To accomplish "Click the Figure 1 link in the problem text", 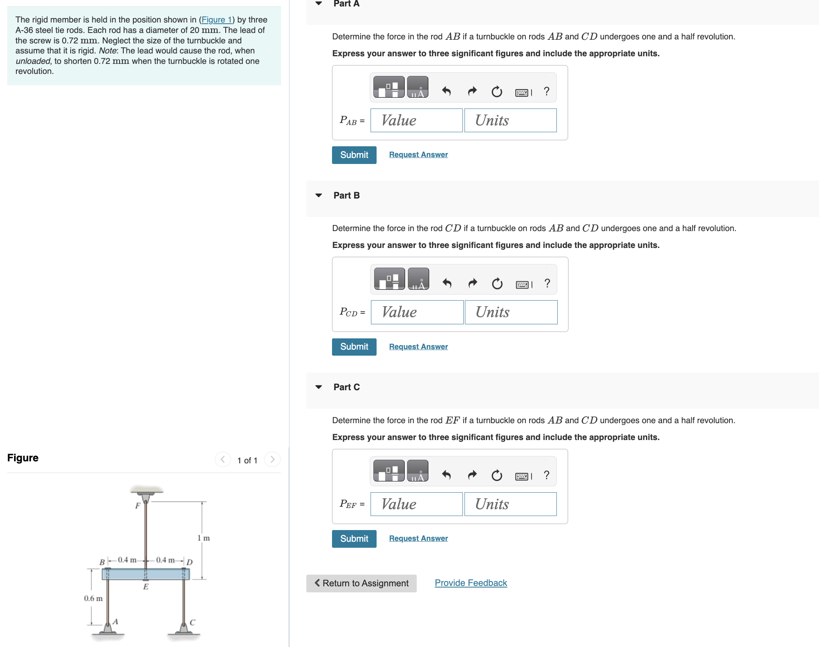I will pos(216,20).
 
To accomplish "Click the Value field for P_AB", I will pos(416,121).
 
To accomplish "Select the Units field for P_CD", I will pos(511,312).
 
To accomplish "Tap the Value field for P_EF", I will pos(416,504).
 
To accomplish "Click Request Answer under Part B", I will pos(418,346).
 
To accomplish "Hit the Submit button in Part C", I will pos(354,538).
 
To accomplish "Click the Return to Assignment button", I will pos(361,583).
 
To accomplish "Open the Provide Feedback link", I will pos(471,583).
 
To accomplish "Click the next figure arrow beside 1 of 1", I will pos(272,459).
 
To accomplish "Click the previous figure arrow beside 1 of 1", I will pos(222,459).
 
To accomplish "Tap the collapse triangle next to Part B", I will pos(319,196).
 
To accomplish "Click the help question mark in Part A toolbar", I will pos(546,92).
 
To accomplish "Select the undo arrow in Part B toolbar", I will pos(447,284).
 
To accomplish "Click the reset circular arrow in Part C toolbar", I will pos(497,475).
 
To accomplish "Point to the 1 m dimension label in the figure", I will pos(203,538).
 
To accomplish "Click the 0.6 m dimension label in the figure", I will pos(93,598).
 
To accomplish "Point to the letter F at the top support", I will pos(138,506).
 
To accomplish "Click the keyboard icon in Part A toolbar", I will pos(522,92).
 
